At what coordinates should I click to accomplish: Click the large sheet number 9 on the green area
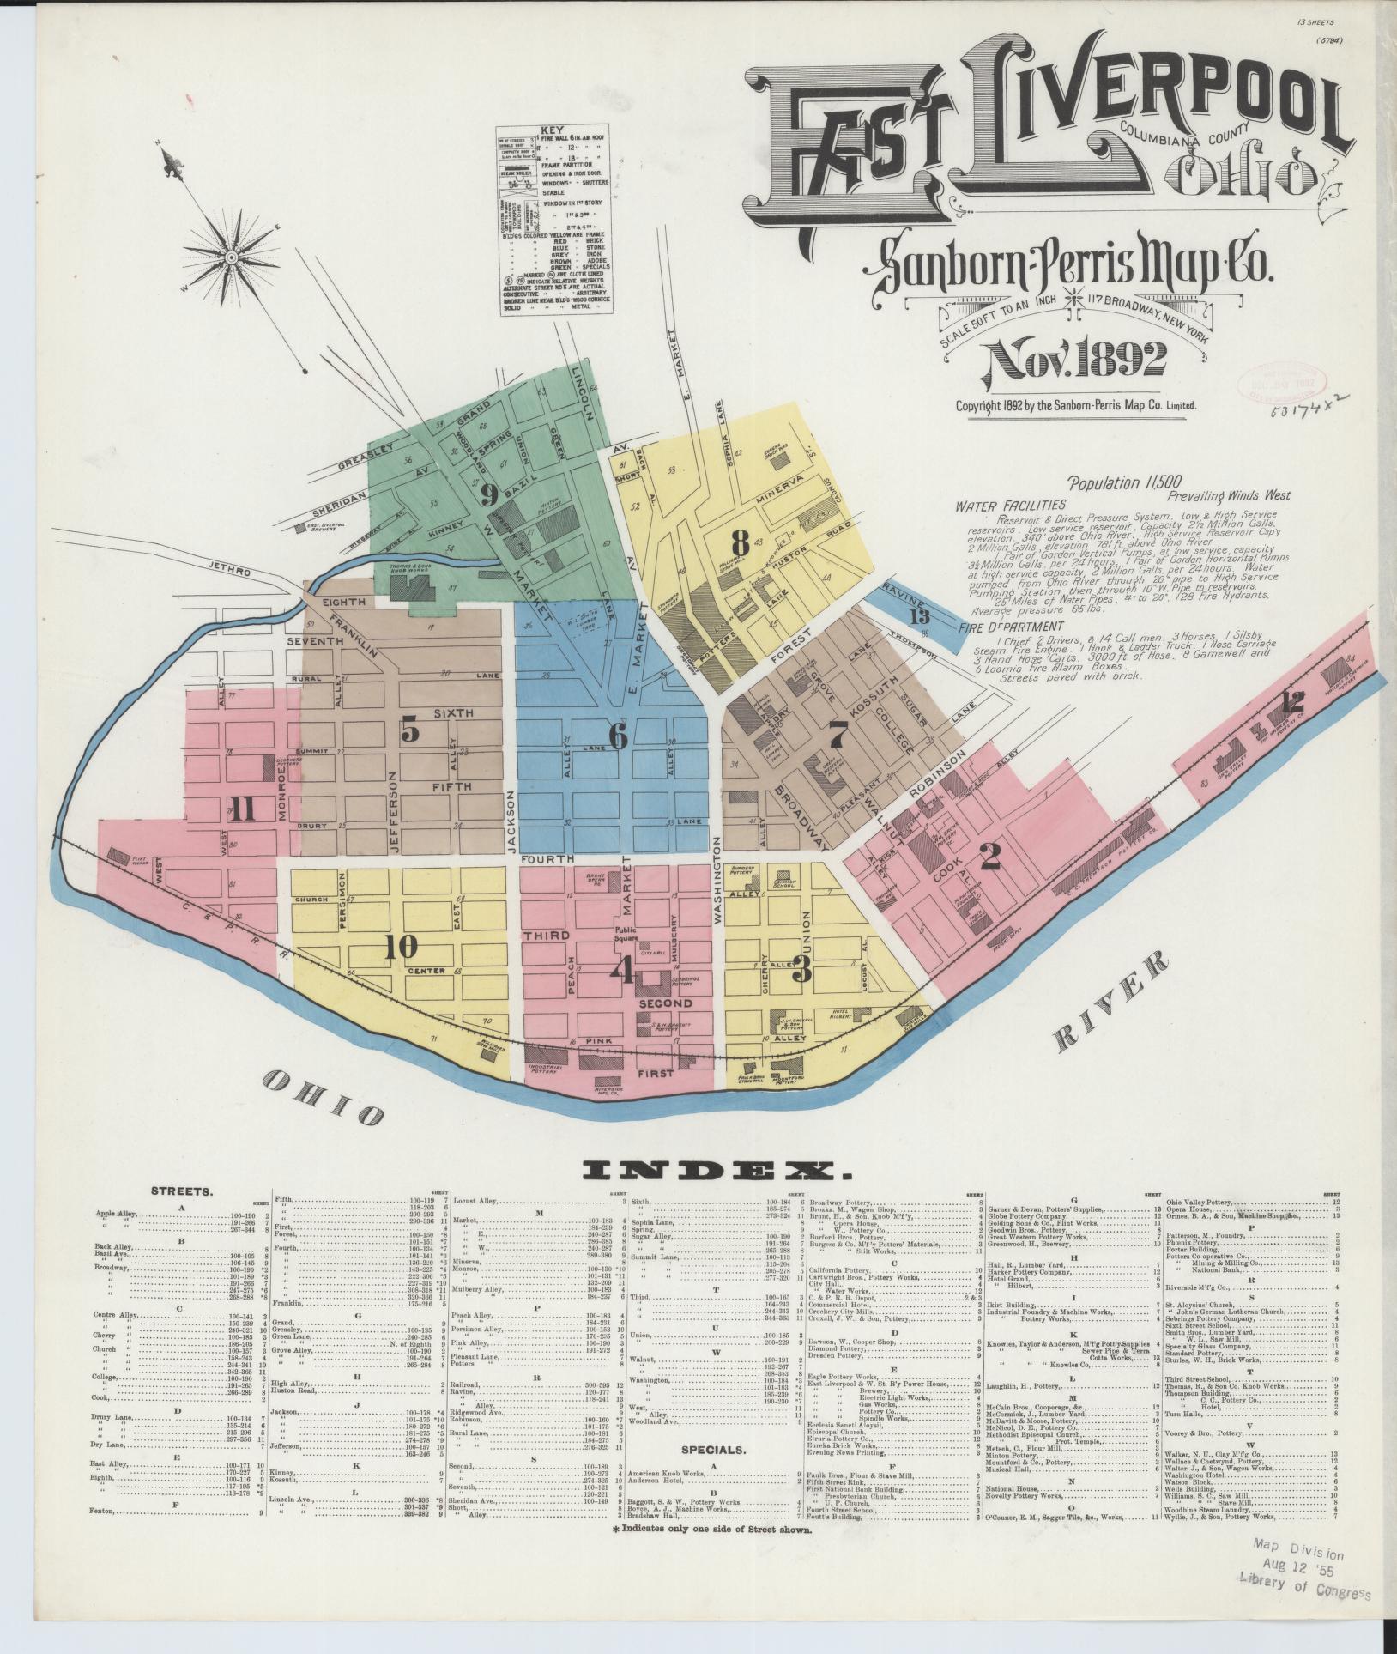(x=489, y=493)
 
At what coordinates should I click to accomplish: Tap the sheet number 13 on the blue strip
(x=919, y=615)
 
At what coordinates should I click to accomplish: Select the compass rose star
(x=232, y=256)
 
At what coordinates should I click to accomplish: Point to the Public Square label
(x=630, y=934)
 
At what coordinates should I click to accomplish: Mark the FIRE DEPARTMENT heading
(x=1000, y=628)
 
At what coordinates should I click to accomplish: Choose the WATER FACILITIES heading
(x=1010, y=506)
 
